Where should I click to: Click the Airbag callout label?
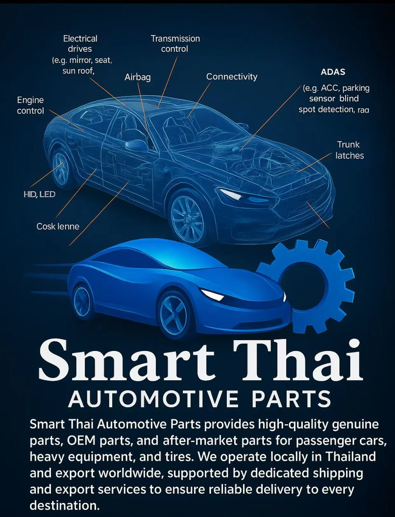click(x=137, y=77)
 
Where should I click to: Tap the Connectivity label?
click(x=232, y=77)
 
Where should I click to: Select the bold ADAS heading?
click(x=333, y=72)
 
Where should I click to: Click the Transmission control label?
click(x=175, y=44)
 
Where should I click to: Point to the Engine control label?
click(x=31, y=105)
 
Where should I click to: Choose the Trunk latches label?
click(x=349, y=150)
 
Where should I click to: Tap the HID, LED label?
click(x=39, y=194)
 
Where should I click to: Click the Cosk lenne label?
click(x=58, y=226)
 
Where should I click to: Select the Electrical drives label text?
click(x=80, y=44)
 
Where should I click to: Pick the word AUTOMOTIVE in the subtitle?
click(x=154, y=399)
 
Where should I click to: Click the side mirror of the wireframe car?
click(x=137, y=145)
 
